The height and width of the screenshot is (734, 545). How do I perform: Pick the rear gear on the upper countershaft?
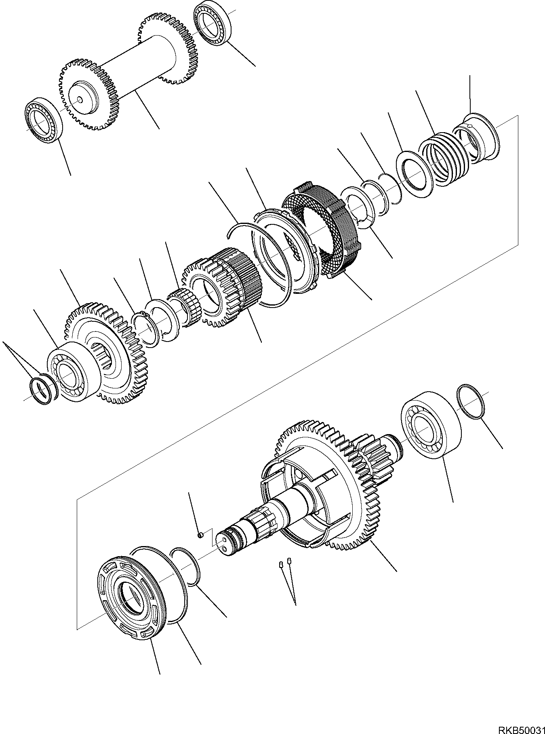point(164,48)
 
